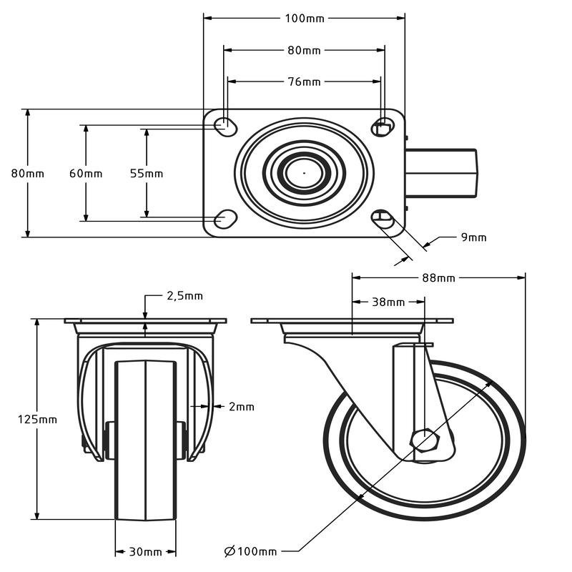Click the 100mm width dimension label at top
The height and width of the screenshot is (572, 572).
click(x=305, y=19)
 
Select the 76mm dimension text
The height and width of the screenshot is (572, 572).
click(x=305, y=82)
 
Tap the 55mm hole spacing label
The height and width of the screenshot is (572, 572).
click(x=147, y=173)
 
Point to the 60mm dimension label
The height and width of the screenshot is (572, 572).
click(x=86, y=173)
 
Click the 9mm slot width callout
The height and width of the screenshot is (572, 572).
click(x=474, y=237)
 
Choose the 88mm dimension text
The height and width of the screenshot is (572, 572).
click(x=438, y=278)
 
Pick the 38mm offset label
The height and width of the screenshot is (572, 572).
click(x=388, y=302)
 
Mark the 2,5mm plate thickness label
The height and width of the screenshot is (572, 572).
click(x=184, y=296)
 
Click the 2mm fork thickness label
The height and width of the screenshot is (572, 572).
click(x=242, y=406)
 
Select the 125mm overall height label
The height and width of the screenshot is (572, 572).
click(x=38, y=420)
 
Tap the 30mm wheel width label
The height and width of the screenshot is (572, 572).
click(x=146, y=552)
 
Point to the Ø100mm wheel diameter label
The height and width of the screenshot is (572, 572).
click(x=251, y=551)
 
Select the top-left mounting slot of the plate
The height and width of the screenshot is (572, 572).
click(x=225, y=127)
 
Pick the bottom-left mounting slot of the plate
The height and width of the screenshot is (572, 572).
click(x=225, y=219)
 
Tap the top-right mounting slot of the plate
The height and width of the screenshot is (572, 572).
click(x=383, y=127)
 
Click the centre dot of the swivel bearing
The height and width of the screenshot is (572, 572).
click(x=304, y=173)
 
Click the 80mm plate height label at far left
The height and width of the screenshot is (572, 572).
click(x=28, y=173)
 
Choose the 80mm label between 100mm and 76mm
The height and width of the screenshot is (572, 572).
click(x=305, y=50)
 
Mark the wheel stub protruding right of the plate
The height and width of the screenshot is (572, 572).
click(x=440, y=173)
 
